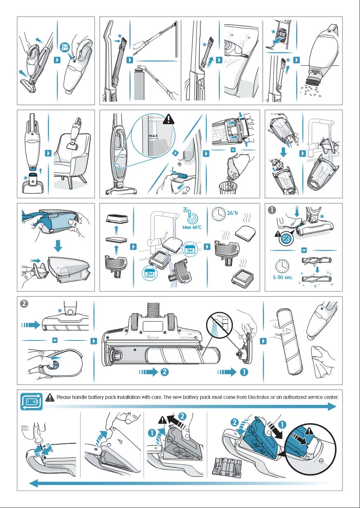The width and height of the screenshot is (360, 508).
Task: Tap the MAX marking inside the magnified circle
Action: [x=153, y=136]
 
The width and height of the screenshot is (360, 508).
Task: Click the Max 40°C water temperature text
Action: [x=192, y=227]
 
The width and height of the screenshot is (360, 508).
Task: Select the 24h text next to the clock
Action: [x=232, y=213]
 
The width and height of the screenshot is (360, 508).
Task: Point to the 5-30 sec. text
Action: [x=283, y=277]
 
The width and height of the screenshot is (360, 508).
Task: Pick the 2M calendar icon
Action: [x=150, y=273]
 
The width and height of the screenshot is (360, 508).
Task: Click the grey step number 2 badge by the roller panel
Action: [x=24, y=303]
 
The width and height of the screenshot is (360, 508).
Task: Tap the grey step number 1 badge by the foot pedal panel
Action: [x=272, y=210]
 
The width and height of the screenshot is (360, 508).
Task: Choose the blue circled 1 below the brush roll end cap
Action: [x=244, y=372]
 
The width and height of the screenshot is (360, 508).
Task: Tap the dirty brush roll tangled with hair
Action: [x=317, y=260]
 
